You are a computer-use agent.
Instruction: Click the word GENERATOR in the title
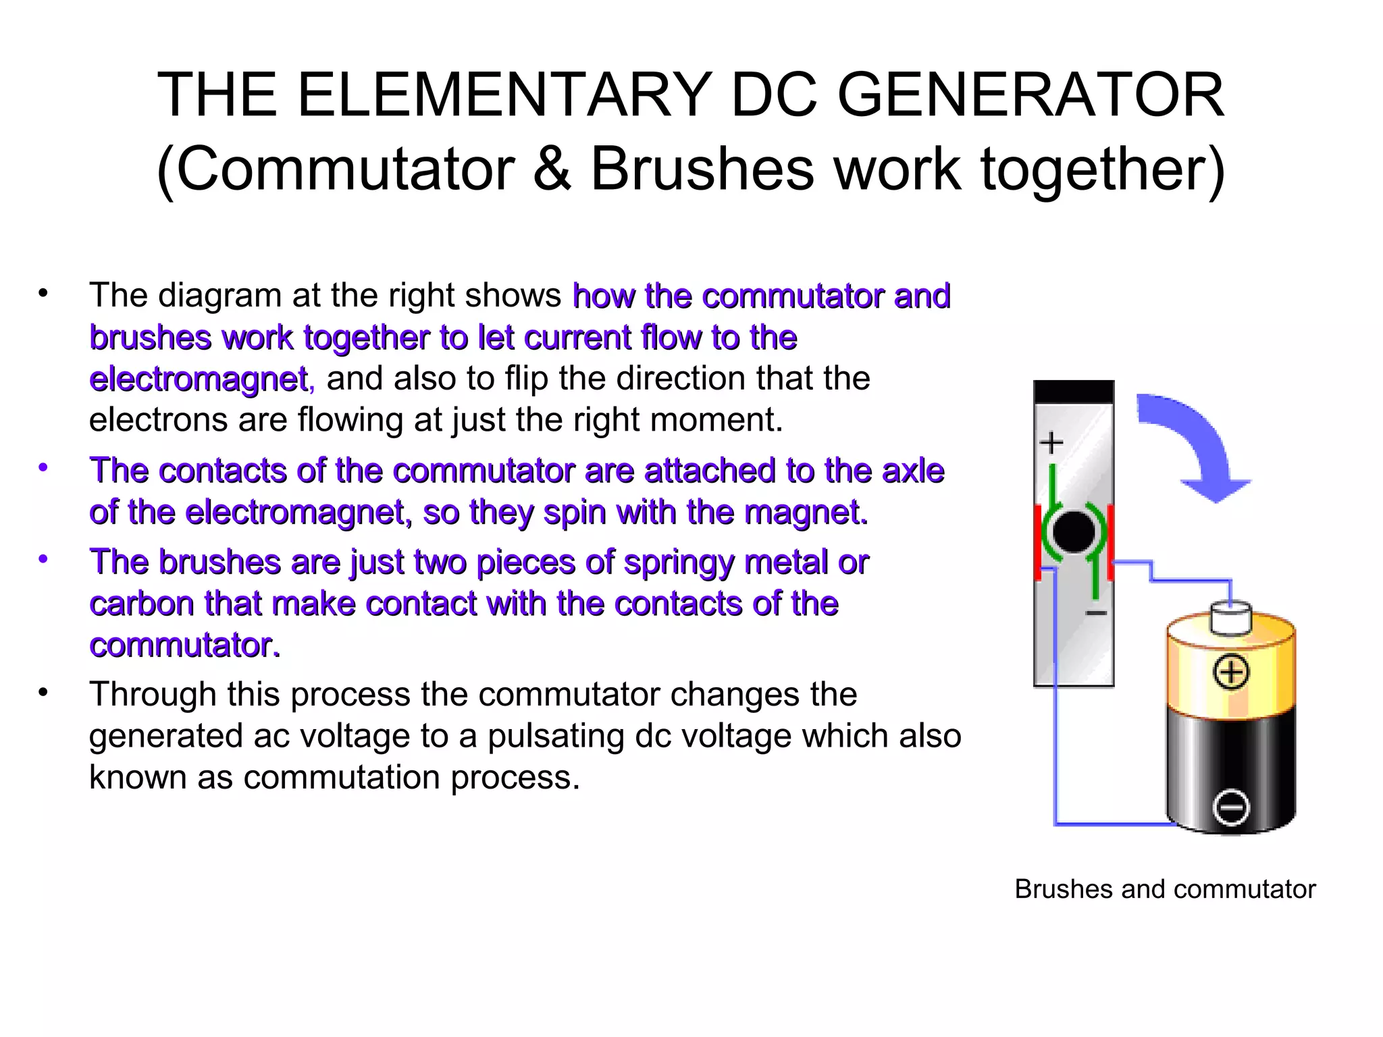[x=1031, y=96]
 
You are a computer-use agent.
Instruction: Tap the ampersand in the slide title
[x=552, y=169]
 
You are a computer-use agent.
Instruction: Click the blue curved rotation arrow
[x=1193, y=442]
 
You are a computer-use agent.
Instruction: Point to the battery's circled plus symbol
[x=1232, y=672]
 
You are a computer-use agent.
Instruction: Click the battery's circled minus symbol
[x=1231, y=807]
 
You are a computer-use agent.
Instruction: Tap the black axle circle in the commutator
[x=1073, y=532]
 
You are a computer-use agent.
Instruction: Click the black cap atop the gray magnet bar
[x=1073, y=392]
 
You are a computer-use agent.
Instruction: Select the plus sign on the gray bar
[x=1051, y=444]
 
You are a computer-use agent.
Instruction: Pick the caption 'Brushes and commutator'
[x=1165, y=889]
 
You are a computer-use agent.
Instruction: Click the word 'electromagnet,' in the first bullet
[x=201, y=379]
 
